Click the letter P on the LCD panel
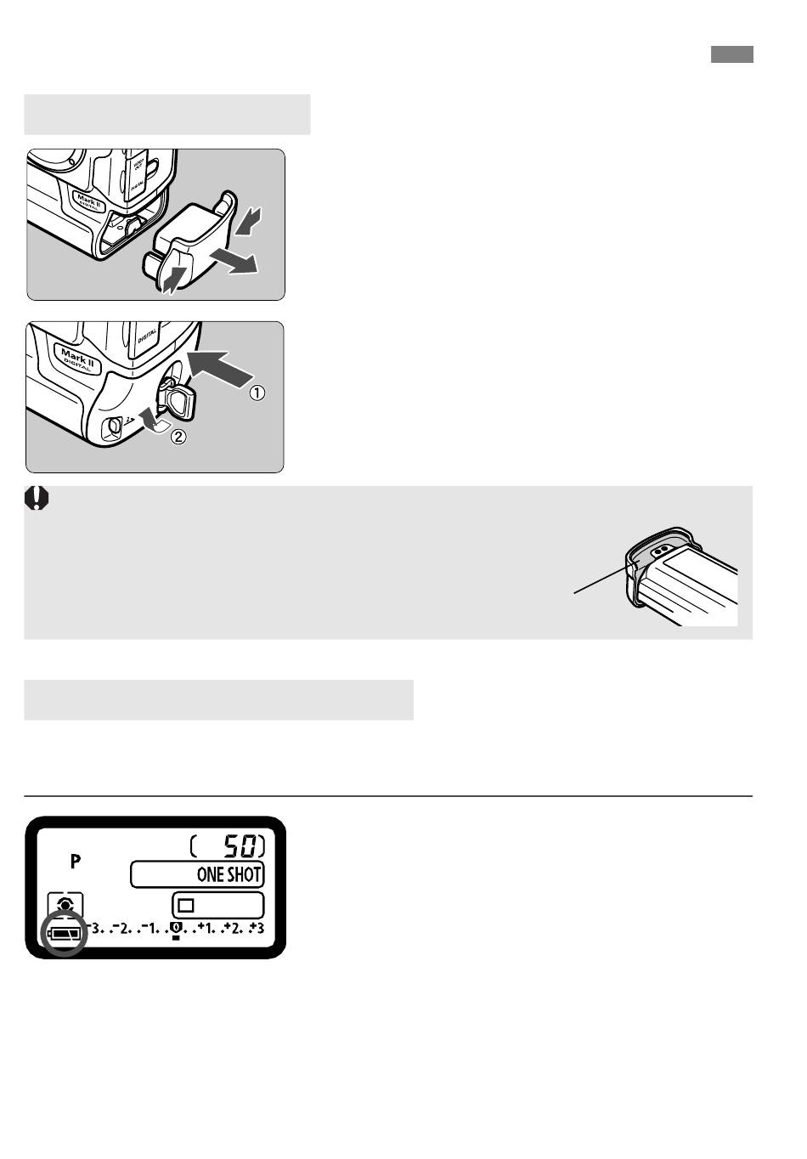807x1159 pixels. coord(76,862)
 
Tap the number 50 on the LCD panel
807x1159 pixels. coord(240,847)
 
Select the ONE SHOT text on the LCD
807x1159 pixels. coord(229,874)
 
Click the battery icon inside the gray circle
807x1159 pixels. coord(65,934)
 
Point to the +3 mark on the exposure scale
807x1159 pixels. coord(257,928)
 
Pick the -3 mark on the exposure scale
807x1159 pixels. coord(94,928)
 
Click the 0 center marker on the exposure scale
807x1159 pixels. coord(176,929)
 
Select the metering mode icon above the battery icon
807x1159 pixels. coord(65,905)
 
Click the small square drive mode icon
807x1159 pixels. coord(186,906)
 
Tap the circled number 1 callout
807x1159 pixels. coord(257,393)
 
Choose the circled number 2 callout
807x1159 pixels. coord(178,438)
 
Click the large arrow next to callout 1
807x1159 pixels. coord(220,369)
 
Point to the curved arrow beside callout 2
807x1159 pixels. coord(153,419)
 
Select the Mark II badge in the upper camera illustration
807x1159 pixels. coord(89,201)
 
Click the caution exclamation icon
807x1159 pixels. coord(37,498)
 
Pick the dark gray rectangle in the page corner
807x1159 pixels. coord(732,54)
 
